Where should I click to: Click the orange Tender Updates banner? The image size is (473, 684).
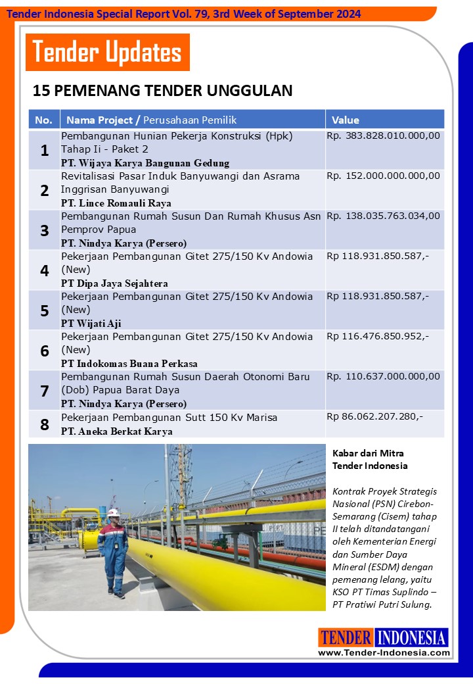[x=108, y=53]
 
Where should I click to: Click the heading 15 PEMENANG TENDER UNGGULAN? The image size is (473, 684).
[x=162, y=91]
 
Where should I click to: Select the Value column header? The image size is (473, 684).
[x=346, y=120]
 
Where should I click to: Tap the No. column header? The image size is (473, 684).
[x=43, y=120]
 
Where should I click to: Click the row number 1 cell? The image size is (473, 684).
[x=44, y=151]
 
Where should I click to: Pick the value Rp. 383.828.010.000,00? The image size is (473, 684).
[x=383, y=136]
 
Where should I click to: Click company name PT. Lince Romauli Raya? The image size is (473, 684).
[x=116, y=203]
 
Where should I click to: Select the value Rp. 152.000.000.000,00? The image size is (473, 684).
[x=383, y=176]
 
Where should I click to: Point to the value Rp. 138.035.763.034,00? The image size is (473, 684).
[x=383, y=216]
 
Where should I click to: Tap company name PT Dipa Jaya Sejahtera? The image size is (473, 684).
[x=114, y=283]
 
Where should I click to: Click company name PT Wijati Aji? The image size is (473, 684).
[x=91, y=323]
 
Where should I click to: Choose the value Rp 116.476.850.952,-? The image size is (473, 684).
[x=378, y=336]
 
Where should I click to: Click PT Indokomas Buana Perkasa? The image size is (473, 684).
[x=129, y=363]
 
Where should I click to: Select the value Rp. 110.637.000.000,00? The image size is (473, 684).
[x=383, y=376]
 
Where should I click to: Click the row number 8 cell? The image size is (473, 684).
[x=44, y=424]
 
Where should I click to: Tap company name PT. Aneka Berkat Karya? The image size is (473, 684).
[x=117, y=431]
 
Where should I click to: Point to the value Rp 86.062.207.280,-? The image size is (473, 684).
[x=375, y=417]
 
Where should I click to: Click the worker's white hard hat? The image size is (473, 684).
[x=113, y=512]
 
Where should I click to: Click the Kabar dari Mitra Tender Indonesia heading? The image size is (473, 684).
[x=370, y=459]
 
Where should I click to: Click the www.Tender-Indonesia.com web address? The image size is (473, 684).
[x=384, y=652]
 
